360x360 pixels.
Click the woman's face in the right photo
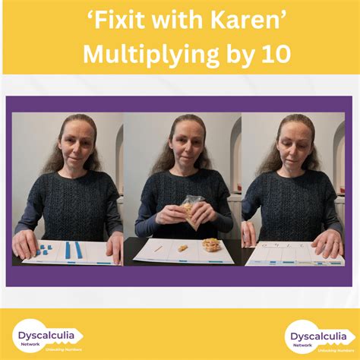point(297,144)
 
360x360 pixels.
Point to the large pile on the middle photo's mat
point(211,245)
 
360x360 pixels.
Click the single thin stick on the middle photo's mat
point(158,248)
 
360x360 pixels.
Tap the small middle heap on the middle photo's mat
point(182,247)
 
